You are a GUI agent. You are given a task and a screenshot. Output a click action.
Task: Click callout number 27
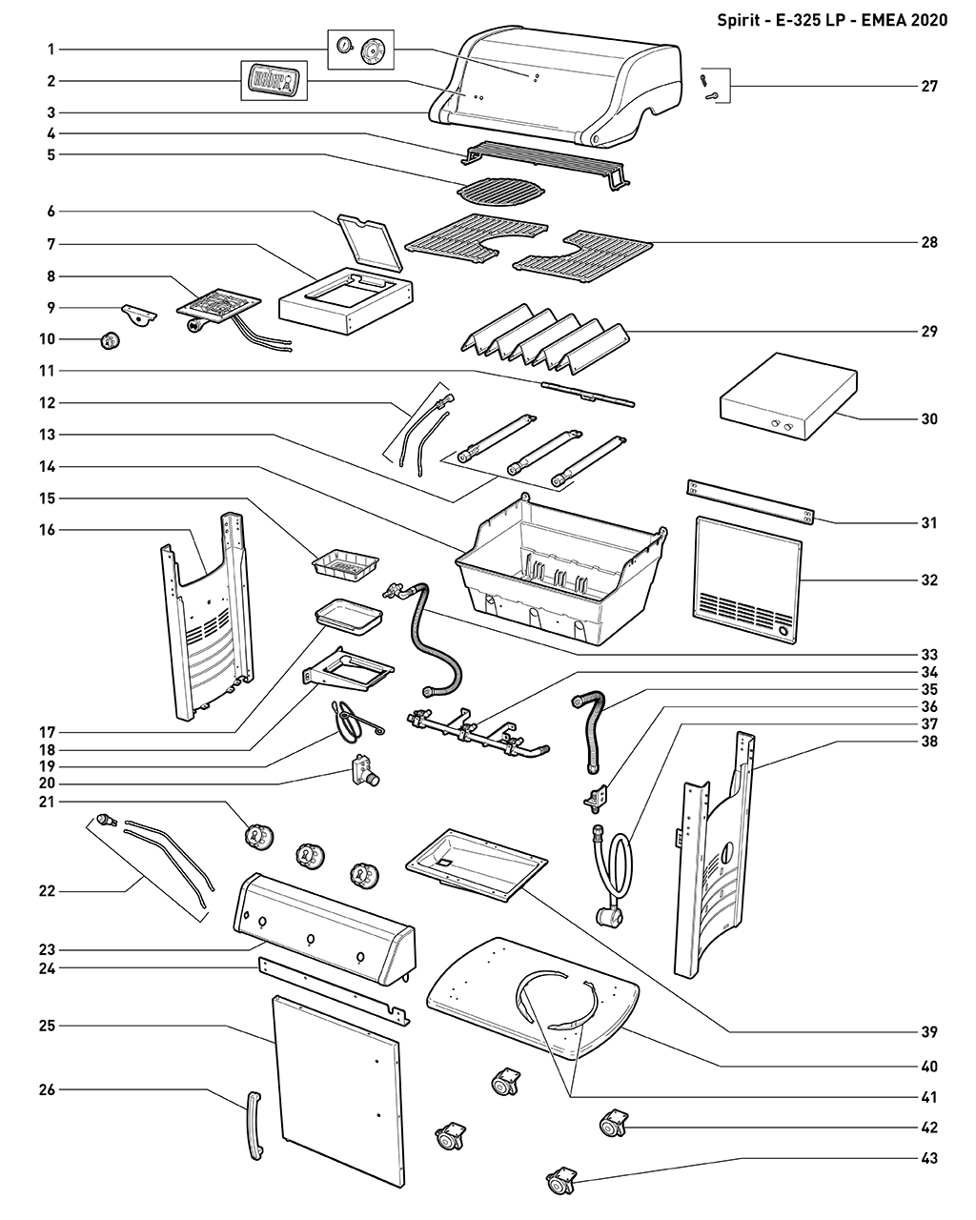(929, 87)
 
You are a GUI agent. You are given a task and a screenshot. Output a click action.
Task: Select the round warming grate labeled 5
(498, 191)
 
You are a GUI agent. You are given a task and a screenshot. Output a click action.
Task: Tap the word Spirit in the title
(739, 21)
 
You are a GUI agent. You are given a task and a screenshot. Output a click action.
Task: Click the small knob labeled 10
(112, 339)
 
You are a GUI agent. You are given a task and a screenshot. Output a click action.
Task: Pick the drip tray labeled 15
(345, 563)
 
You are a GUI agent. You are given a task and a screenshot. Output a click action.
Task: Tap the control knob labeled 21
(258, 837)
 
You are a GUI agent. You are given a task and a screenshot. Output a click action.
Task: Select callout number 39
(929, 1032)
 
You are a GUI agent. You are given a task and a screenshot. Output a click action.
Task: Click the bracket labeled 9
(138, 315)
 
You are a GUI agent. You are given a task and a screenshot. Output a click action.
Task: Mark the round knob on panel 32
(782, 631)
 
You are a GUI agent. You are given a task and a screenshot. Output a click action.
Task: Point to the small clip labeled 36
(596, 793)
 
